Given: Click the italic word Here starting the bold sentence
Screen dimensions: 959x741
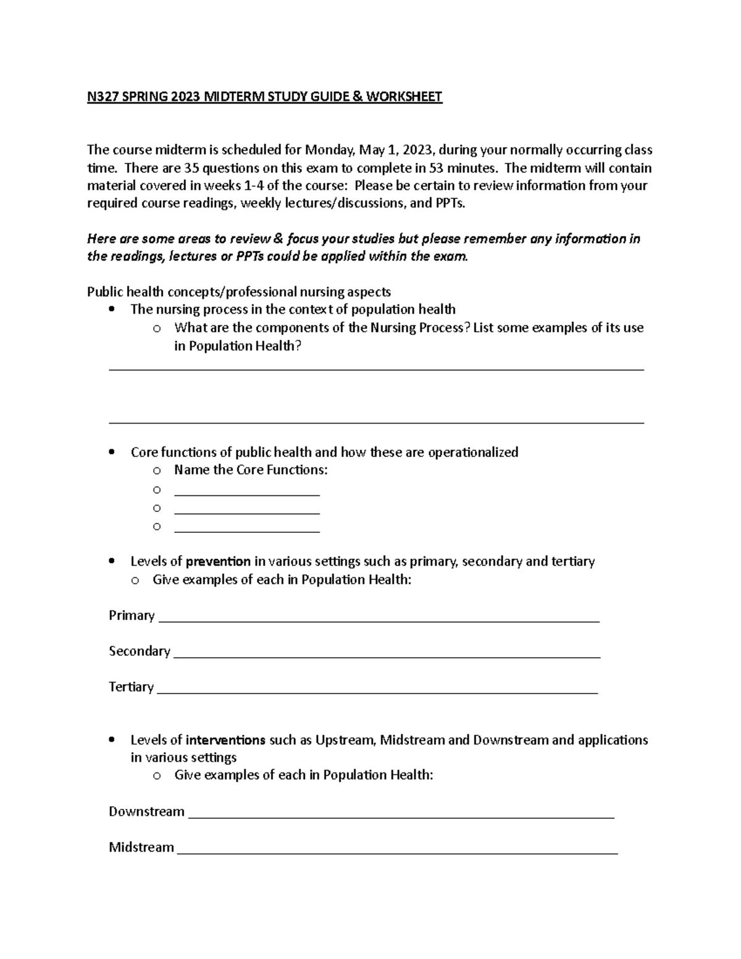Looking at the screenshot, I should tap(101, 239).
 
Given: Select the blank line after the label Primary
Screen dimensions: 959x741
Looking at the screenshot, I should tap(379, 619).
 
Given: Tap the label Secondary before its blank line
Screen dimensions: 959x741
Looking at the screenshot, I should tap(139, 651).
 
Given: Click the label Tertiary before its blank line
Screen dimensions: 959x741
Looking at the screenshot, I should tap(131, 687).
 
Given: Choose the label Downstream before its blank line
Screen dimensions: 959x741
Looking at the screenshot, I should tap(146, 811).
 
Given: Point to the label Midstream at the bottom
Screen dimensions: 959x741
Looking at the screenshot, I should tap(141, 847).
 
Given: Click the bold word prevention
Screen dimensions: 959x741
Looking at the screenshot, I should tap(218, 561).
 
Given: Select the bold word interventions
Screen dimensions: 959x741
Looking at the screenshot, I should tap(225, 740).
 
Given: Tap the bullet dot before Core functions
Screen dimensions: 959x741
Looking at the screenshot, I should tap(111, 453).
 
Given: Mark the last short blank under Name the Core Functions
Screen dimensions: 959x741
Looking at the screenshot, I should tap(247, 530).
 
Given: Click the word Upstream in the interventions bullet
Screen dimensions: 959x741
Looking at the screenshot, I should tap(345, 740).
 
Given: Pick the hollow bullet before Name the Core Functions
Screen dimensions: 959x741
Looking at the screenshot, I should tap(157, 471).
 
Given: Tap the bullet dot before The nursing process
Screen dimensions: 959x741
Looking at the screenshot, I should tap(111, 309).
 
